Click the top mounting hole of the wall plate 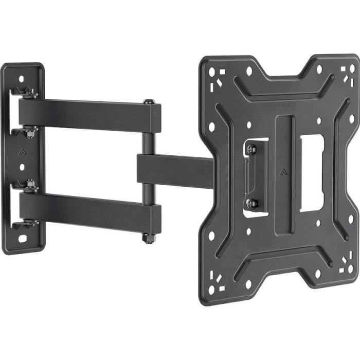pos(21,79)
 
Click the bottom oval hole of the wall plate pos(23,239)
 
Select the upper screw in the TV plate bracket pos(251,150)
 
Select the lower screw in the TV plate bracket pos(251,203)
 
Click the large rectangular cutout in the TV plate pos(312,173)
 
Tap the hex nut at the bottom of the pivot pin pos(149,238)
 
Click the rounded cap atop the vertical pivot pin pos(149,102)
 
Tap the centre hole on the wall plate pos(22,167)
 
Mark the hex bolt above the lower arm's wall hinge pos(30,184)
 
